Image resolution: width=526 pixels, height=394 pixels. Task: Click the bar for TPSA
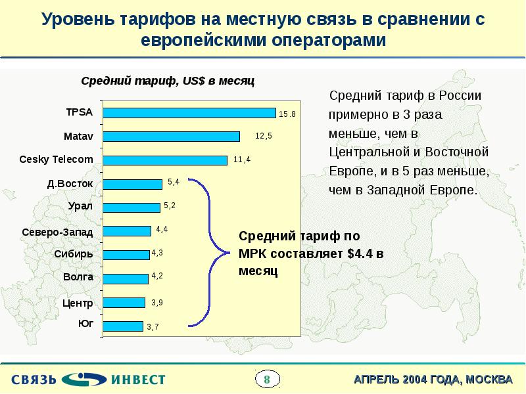point(189,113)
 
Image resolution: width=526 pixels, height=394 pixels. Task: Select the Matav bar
point(172,137)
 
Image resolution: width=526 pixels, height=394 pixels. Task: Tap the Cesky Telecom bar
point(165,160)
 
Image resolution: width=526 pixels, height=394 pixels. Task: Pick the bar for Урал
point(131,208)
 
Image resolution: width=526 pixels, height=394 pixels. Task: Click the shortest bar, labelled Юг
point(123,326)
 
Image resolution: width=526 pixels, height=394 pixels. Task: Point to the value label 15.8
point(287,114)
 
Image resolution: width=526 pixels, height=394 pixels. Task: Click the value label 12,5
point(264,136)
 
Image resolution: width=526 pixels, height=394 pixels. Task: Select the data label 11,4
point(242,160)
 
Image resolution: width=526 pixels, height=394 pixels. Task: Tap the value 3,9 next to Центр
point(157,303)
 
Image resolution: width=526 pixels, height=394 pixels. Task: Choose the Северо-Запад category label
point(57,232)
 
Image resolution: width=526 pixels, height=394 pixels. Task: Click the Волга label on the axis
point(78,277)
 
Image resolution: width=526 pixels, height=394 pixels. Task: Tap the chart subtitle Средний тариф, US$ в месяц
point(168,80)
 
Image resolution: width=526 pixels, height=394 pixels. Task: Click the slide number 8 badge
point(267,379)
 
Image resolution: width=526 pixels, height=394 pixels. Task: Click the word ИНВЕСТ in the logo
point(138,379)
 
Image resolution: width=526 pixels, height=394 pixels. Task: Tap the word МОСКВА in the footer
point(487,380)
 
